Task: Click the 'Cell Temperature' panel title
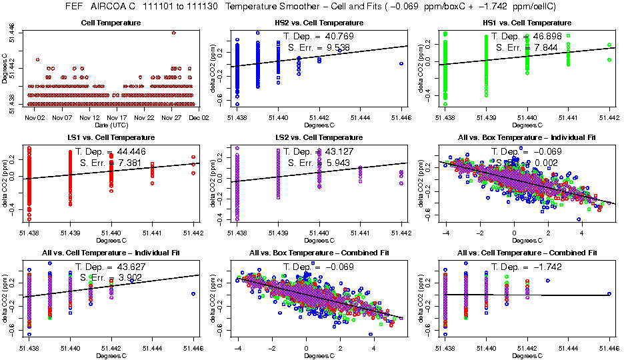pyautogui.click(x=111, y=23)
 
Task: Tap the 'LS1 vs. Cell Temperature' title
pyautogui.click(x=111, y=137)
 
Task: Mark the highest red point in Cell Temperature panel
pyautogui.click(x=174, y=32)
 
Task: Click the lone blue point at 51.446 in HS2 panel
pyautogui.click(x=402, y=63)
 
